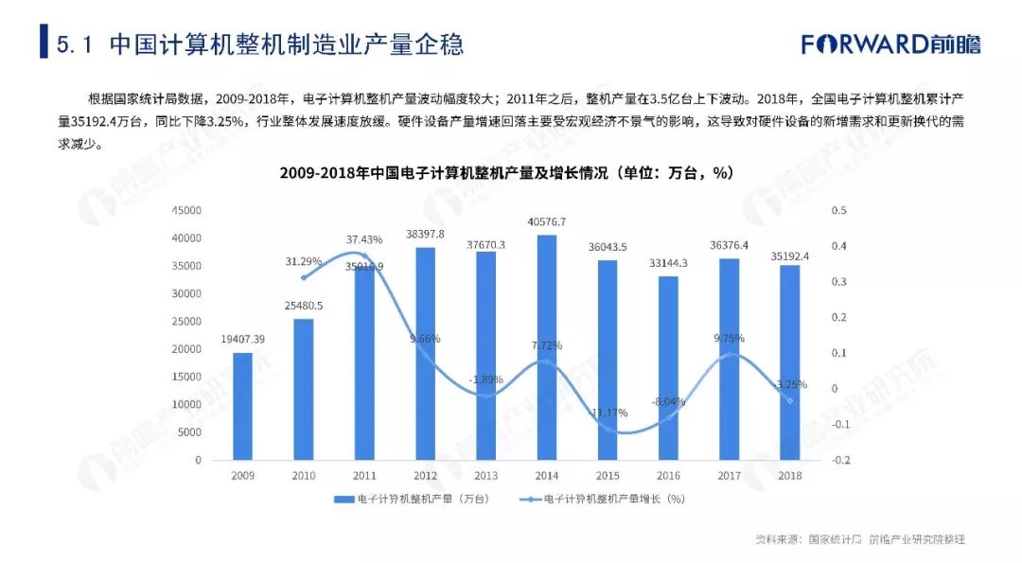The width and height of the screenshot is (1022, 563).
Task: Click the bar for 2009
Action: point(243,407)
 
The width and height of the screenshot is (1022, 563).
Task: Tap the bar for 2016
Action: point(668,368)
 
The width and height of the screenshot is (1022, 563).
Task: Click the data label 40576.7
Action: point(547,222)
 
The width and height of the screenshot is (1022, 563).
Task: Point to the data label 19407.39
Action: point(243,339)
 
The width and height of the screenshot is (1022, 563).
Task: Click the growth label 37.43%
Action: point(363,239)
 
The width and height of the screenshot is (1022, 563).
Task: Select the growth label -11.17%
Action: point(608,413)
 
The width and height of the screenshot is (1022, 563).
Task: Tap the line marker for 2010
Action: point(304,277)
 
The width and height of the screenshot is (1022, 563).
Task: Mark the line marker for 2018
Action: point(790,400)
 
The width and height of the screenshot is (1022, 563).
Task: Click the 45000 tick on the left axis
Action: point(185,210)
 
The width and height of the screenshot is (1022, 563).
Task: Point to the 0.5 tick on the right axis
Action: point(838,210)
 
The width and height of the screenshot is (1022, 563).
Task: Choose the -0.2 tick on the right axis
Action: point(840,461)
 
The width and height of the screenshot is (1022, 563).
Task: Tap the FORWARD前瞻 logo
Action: point(890,44)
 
